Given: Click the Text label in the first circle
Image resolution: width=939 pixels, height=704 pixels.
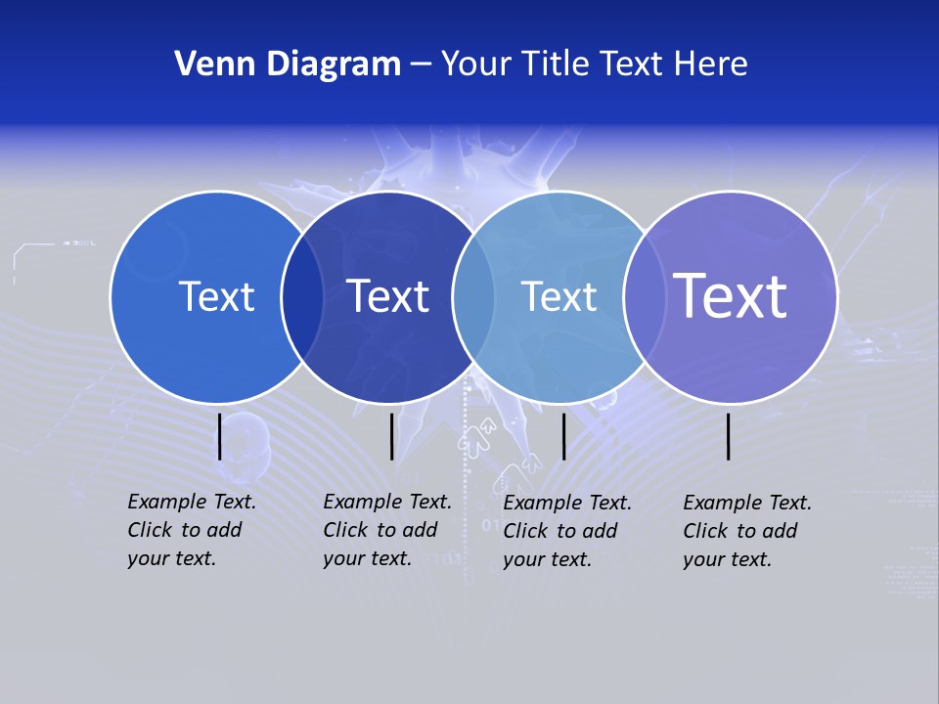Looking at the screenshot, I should [x=216, y=296].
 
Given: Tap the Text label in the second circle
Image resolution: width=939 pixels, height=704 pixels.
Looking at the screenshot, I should [x=388, y=296].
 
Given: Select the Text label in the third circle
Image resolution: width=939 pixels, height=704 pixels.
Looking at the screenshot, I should [x=559, y=296].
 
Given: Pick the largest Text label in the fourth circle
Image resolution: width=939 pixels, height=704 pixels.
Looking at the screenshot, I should [x=731, y=295].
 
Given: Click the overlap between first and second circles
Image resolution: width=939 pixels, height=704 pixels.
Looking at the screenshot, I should [x=302, y=297].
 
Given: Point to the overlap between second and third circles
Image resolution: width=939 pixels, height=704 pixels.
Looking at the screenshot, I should [x=473, y=297].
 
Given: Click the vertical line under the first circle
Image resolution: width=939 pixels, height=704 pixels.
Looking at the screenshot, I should [x=220, y=436].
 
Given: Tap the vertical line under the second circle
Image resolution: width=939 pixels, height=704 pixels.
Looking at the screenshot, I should [x=391, y=436].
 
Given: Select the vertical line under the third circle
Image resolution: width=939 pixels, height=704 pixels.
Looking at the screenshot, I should [x=564, y=436].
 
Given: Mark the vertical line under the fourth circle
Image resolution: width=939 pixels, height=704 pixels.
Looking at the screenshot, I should [x=729, y=436].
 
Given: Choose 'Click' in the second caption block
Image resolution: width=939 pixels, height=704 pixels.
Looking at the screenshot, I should [x=345, y=530].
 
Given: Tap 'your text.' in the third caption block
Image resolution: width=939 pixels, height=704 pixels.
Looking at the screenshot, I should [x=547, y=559].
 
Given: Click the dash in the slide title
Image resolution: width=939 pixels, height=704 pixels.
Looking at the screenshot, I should [x=421, y=65].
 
